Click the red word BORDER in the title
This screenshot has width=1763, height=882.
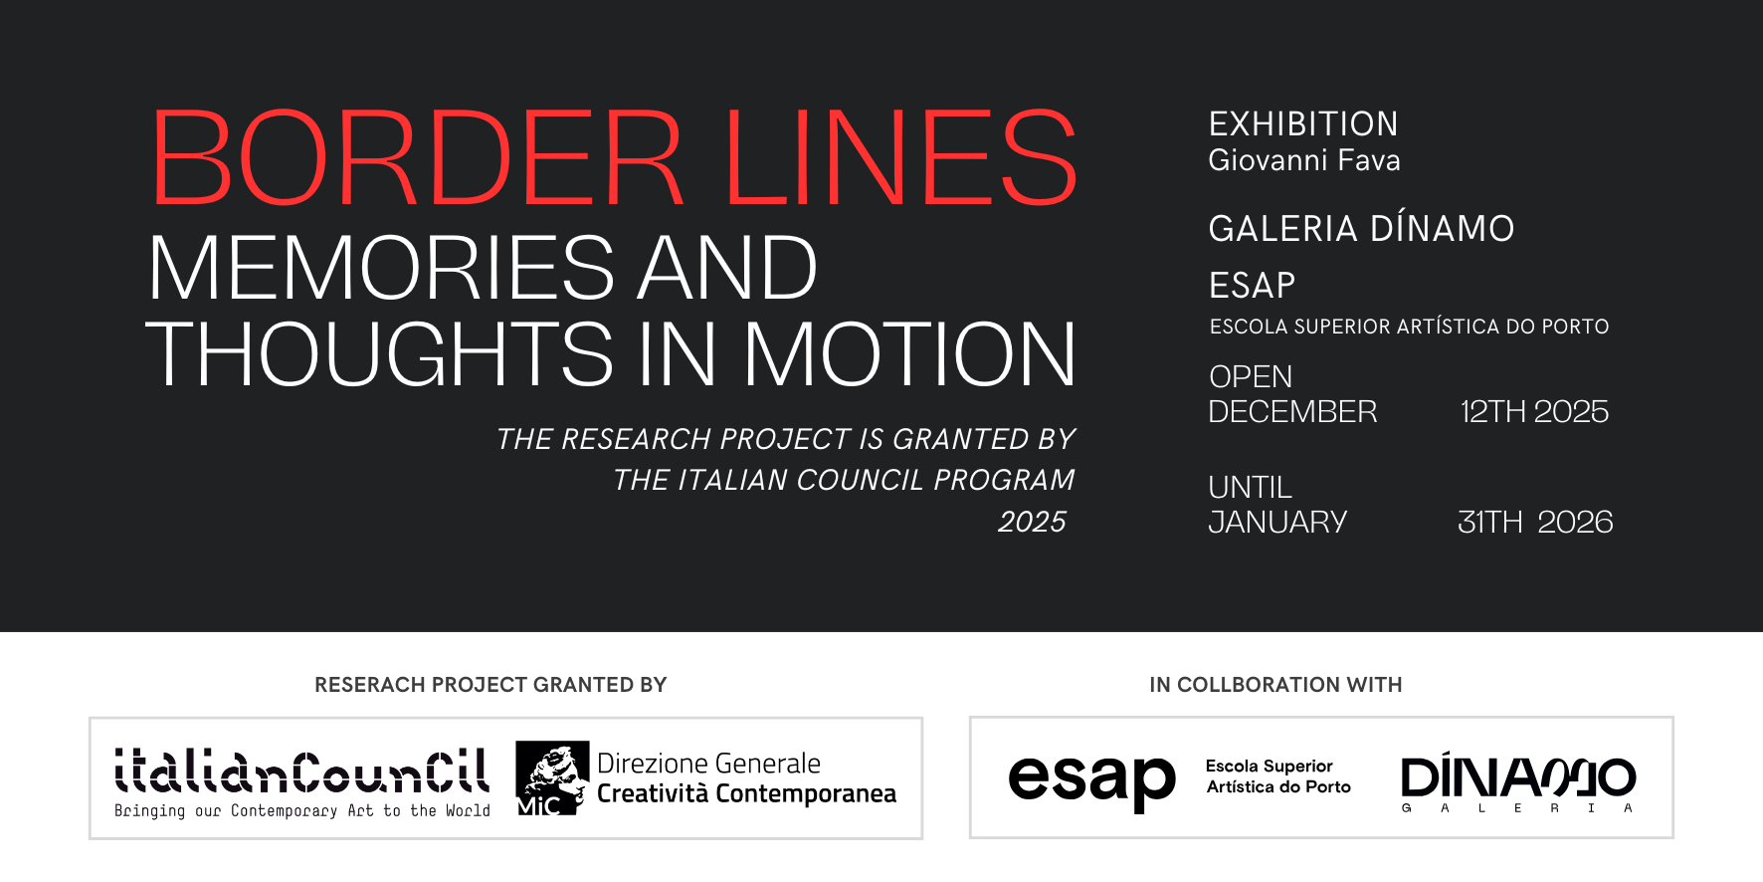[417, 158]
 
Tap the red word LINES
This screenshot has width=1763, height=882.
[900, 158]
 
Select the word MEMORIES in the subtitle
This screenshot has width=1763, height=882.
[381, 268]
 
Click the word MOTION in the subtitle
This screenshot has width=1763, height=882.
[909, 354]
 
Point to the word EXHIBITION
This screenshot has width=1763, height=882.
[1303, 124]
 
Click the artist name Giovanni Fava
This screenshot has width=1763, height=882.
[1303, 160]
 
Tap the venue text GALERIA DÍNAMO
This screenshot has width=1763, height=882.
[1361, 229]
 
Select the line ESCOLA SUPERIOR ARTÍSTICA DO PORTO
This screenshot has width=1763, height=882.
[1409, 327]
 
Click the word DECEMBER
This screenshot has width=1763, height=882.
[1292, 412]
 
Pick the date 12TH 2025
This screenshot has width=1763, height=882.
[1533, 412]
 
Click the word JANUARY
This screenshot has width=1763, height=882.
[1277, 523]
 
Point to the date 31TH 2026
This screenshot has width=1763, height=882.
[1535, 523]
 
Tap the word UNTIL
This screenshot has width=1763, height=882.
[1250, 488]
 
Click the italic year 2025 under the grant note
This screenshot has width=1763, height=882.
[1032, 523]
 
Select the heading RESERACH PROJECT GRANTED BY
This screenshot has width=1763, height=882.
[490, 685]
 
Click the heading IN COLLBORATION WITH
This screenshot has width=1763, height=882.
[1275, 685]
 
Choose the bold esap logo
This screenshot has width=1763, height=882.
[1091, 779]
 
